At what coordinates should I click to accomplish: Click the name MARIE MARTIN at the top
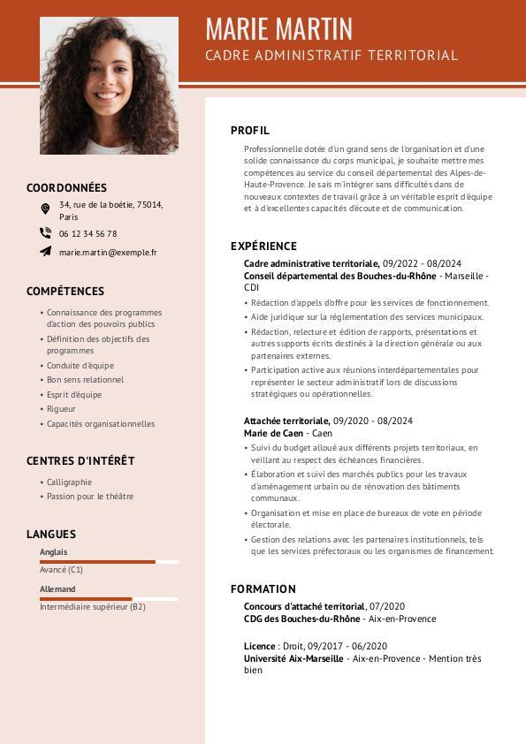click(278, 29)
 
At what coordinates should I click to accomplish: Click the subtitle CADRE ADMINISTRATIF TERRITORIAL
click(332, 56)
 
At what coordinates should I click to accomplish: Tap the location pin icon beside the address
click(45, 209)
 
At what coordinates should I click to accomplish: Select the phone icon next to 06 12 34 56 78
click(45, 233)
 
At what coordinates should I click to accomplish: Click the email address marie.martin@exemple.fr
click(108, 252)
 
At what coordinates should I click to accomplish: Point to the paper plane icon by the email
click(45, 252)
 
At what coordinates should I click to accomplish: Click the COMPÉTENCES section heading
click(65, 291)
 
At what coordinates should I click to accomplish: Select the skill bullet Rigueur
click(61, 409)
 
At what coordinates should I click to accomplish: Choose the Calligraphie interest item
click(69, 482)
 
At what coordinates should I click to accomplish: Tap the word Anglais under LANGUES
click(53, 552)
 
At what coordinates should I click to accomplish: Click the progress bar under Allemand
click(109, 598)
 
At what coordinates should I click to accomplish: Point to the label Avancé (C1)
click(61, 570)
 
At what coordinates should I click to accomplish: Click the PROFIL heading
click(250, 131)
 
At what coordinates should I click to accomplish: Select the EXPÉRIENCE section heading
click(263, 247)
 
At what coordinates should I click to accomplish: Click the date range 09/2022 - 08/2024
click(422, 263)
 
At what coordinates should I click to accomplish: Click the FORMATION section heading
click(263, 588)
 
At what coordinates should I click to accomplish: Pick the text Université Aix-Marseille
click(293, 658)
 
